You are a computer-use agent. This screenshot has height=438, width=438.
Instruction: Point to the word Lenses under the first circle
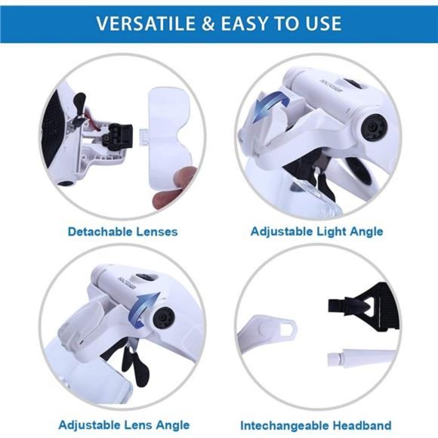(158, 231)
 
